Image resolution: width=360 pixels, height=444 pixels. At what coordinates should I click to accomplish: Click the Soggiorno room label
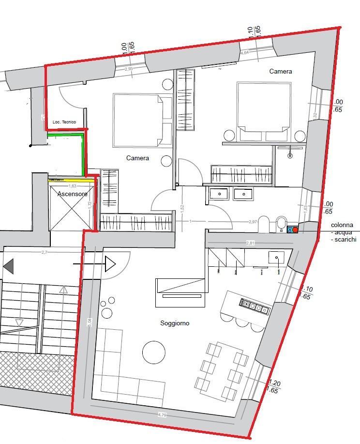[x=175, y=323]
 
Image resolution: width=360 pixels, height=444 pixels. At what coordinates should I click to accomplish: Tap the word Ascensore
[x=72, y=194]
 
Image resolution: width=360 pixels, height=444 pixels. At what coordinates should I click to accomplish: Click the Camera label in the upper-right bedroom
[x=281, y=72]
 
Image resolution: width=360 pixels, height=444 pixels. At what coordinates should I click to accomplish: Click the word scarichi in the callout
[x=345, y=240]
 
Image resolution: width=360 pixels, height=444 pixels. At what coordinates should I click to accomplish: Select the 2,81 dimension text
[x=250, y=243]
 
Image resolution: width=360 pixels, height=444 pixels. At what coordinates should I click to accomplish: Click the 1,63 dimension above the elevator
[x=73, y=186]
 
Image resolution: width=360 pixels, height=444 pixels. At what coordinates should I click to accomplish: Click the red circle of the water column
[x=295, y=230]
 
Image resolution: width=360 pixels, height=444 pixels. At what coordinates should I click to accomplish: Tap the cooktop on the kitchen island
[x=254, y=306]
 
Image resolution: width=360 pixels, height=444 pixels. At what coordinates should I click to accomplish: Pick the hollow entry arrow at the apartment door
[x=110, y=264]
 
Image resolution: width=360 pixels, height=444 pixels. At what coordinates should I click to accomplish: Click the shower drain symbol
[x=290, y=155]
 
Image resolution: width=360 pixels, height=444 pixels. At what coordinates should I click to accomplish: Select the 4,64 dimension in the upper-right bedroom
[x=244, y=52]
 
